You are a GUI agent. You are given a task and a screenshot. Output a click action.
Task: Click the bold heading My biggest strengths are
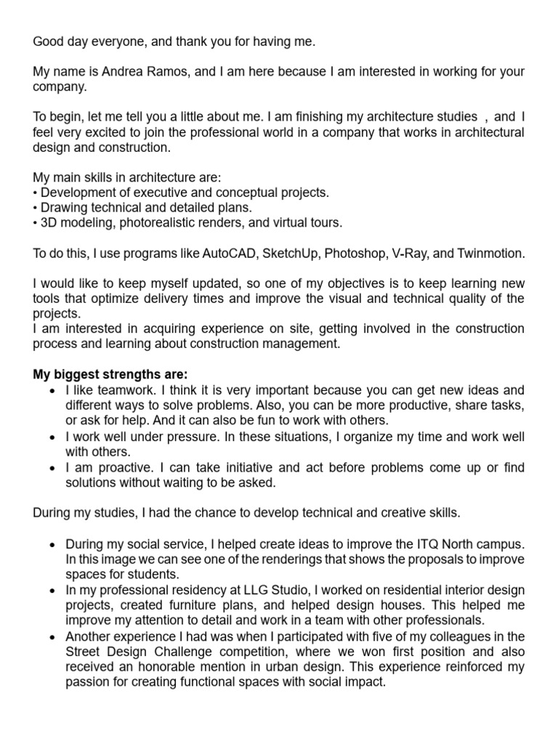point(110,375)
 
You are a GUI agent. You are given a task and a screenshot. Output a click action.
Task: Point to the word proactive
point(108,468)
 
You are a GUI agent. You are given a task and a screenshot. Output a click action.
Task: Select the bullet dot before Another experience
point(52,636)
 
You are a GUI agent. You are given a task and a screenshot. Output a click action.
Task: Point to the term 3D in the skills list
point(49,222)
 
